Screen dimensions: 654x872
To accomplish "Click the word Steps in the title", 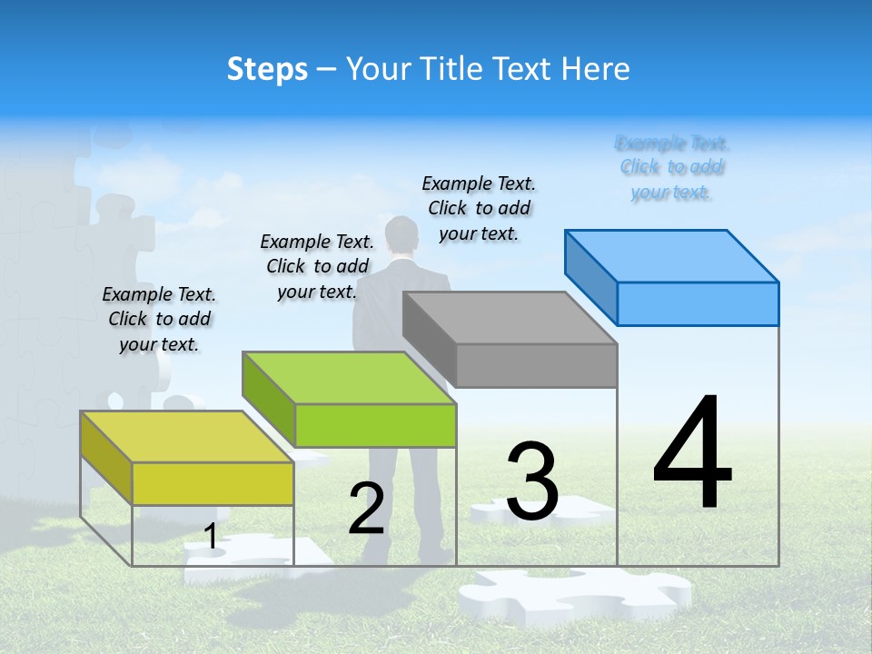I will click(x=267, y=69).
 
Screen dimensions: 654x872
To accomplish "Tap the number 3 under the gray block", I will click(x=532, y=481).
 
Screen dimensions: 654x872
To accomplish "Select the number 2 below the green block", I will click(x=367, y=509).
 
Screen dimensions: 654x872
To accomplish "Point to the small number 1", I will click(x=211, y=537).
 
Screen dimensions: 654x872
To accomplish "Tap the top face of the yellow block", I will click(x=187, y=437).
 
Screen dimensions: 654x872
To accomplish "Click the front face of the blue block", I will click(x=698, y=303).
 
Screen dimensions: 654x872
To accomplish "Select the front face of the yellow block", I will click(x=213, y=483).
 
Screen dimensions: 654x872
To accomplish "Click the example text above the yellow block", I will click(x=159, y=319).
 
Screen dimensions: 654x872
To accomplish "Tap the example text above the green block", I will click(x=317, y=266).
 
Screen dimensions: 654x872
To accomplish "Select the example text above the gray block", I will click(x=479, y=208).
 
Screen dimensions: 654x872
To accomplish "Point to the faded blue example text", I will click(x=672, y=167).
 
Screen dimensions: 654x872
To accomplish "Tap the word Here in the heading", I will click(x=596, y=69).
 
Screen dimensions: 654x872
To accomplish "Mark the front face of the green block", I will click(x=375, y=425).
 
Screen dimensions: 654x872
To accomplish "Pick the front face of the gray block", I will click(x=536, y=365).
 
